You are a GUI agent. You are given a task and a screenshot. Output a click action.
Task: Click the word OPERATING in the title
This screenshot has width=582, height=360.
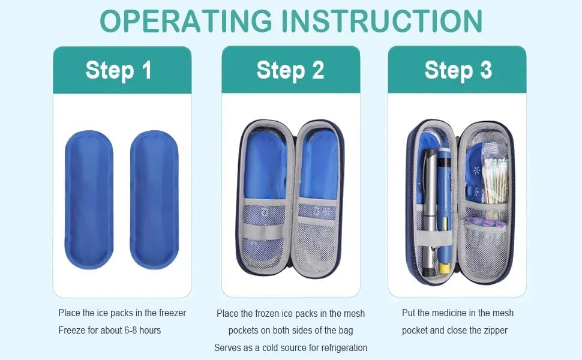(186, 21)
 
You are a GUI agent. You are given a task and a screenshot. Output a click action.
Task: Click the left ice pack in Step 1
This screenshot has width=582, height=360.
(89, 199)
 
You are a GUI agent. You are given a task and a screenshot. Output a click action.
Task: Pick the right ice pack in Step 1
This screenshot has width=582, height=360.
(154, 199)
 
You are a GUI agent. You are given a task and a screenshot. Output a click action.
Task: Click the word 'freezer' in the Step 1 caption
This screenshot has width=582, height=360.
(173, 313)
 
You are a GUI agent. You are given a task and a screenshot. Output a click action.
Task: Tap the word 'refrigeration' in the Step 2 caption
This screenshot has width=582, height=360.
(344, 348)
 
